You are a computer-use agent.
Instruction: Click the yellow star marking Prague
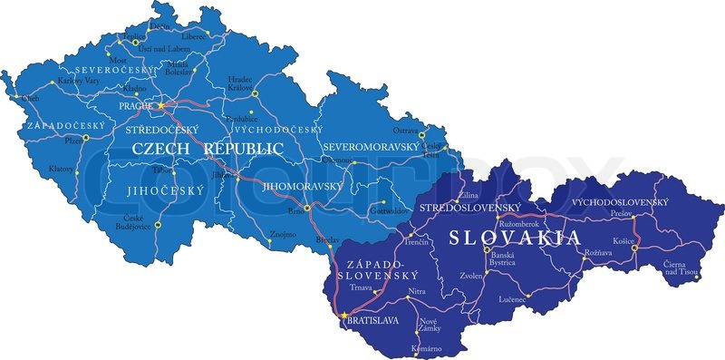162,105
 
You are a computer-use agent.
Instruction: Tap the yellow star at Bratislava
344,316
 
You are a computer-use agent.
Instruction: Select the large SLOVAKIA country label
515,238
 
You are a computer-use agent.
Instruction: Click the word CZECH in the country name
163,147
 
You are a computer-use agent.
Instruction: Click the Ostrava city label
405,131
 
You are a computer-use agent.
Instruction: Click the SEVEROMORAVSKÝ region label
372,146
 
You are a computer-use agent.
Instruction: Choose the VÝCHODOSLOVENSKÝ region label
621,201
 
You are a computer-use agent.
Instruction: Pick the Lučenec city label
514,298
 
